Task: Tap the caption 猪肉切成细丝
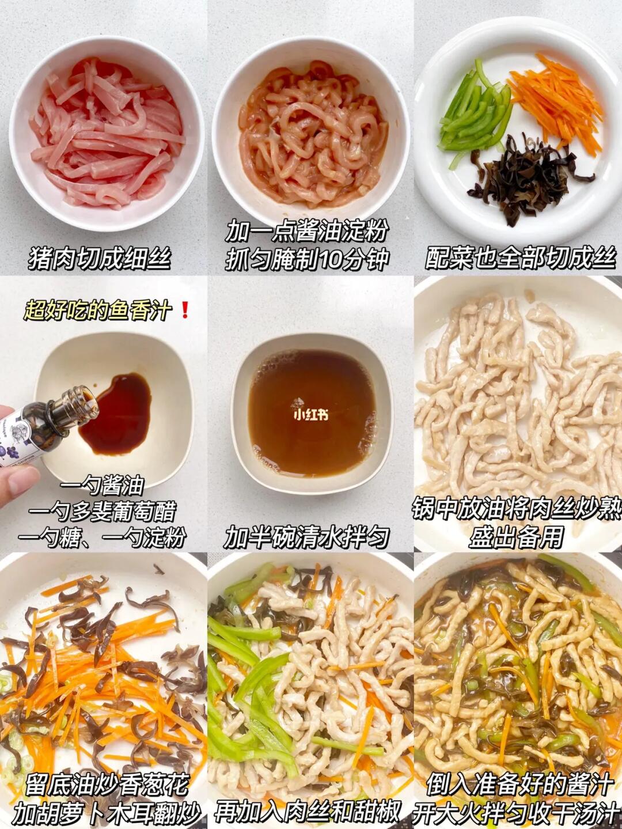100,259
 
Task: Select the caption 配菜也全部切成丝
522,259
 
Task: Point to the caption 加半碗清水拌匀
306,537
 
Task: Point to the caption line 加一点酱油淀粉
306,231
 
